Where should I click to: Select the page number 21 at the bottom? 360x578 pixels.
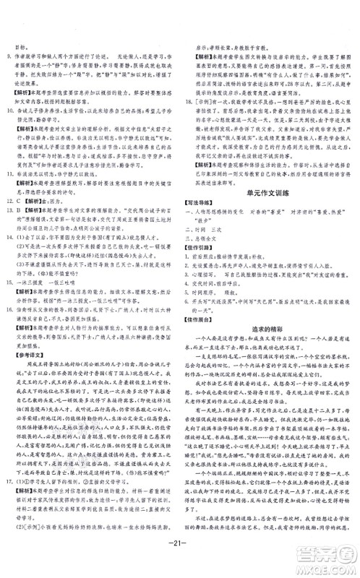(x=180, y=556)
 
